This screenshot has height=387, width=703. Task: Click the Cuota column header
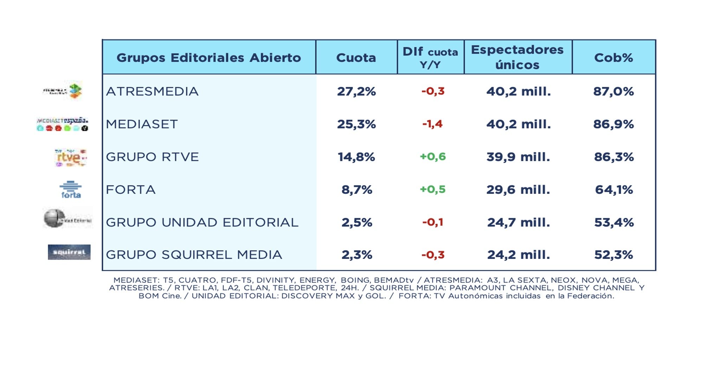pyautogui.click(x=356, y=57)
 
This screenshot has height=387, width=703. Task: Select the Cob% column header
pyautogui.click(x=613, y=57)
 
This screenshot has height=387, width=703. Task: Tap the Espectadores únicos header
pyautogui.click(x=517, y=57)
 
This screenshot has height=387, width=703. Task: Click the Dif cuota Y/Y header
pyautogui.click(x=430, y=57)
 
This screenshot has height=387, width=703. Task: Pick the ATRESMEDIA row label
pyautogui.click(x=152, y=91)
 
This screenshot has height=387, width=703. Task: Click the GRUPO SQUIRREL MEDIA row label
pyautogui.click(x=194, y=255)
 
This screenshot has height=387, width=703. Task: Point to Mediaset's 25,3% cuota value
pyautogui.click(x=356, y=124)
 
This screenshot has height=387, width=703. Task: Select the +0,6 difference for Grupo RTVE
pyautogui.click(x=433, y=157)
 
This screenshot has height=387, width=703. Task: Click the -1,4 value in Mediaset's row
pyautogui.click(x=432, y=124)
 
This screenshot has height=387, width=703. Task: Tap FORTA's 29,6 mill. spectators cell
pyautogui.click(x=518, y=190)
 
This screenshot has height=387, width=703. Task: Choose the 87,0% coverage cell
pyautogui.click(x=613, y=91)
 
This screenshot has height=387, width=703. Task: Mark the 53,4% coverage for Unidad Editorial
pyautogui.click(x=614, y=222)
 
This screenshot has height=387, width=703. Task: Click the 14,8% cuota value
pyautogui.click(x=356, y=157)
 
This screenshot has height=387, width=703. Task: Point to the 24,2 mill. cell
pyautogui.click(x=518, y=255)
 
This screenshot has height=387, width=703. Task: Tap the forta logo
pyautogui.click(x=71, y=190)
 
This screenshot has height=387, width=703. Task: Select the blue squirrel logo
pyautogui.click(x=69, y=252)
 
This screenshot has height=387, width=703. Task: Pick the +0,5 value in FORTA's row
pyautogui.click(x=433, y=189)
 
